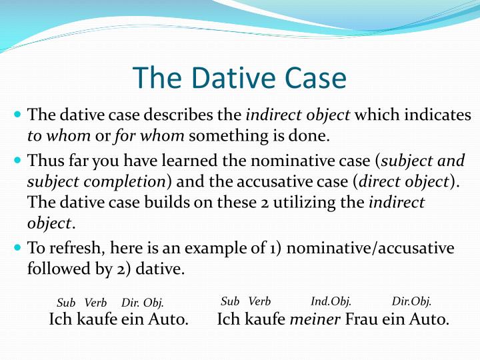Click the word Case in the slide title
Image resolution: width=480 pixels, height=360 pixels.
point(313,78)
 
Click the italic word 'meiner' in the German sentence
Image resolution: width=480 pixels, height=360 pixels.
point(315,319)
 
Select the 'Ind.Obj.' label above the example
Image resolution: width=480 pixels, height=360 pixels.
point(331,301)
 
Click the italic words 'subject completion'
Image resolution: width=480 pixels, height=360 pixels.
point(96,181)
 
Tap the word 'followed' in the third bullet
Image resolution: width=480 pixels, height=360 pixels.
point(57,269)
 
